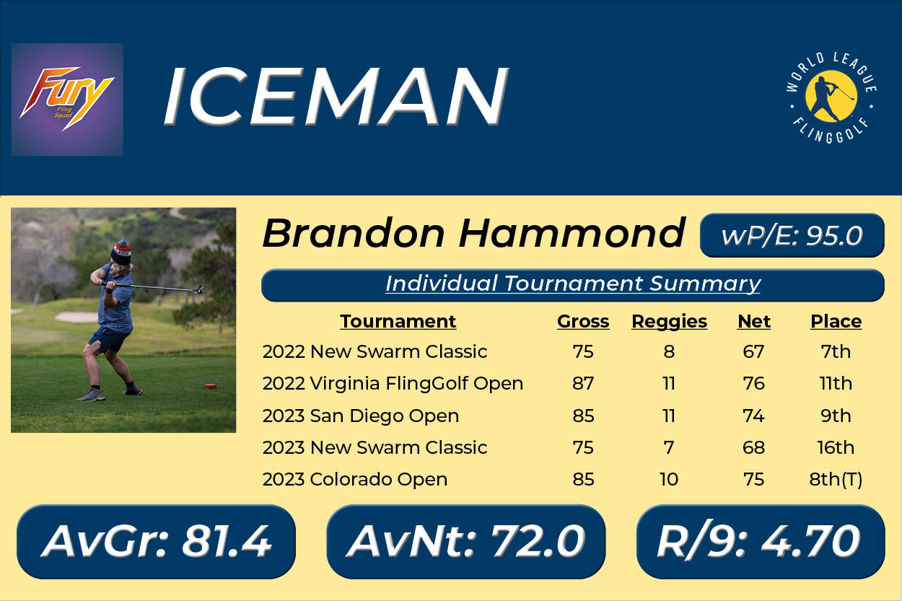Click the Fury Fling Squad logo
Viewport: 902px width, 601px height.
(67, 100)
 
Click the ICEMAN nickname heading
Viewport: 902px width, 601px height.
(337, 96)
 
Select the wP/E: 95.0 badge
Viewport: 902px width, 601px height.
(792, 235)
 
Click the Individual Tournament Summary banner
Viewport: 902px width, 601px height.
(573, 285)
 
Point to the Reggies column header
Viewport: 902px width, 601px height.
(669, 322)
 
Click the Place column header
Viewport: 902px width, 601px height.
(836, 322)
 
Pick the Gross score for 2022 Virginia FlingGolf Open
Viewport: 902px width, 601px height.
(583, 383)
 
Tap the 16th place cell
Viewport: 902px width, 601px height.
(836, 447)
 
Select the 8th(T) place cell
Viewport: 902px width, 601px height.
(836, 480)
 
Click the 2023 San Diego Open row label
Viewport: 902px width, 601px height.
(360, 416)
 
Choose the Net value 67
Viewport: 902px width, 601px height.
(753, 352)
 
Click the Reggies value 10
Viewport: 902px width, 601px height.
(669, 480)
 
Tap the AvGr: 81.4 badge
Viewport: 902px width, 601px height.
(157, 542)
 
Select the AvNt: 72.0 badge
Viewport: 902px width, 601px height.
(466, 542)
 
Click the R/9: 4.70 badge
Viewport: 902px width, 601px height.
(761, 542)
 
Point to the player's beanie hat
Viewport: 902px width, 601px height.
(122, 252)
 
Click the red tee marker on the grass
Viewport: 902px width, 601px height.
(211, 387)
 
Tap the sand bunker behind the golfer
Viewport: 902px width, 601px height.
(76, 317)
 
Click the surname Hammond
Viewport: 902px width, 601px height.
(572, 233)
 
